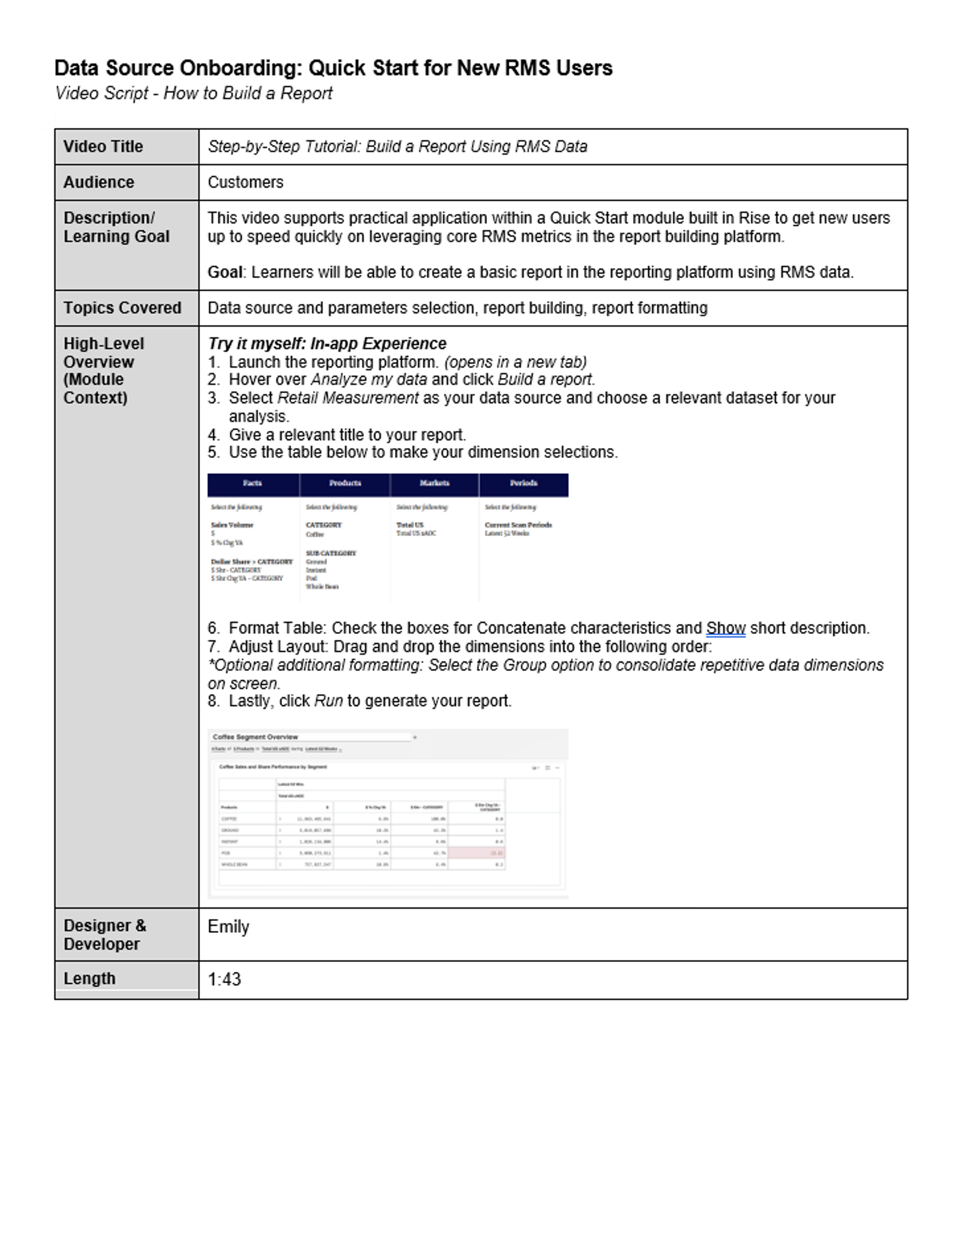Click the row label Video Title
[x=103, y=147]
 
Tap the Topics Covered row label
[x=122, y=308]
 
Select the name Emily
[x=228, y=927]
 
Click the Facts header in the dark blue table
[x=253, y=483]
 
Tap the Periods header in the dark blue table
[x=524, y=483]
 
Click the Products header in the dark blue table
[x=345, y=483]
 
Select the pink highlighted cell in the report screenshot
[x=477, y=853]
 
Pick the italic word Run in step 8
[x=328, y=701]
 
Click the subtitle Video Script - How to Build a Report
[x=193, y=93]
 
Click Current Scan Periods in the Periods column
[x=518, y=525]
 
